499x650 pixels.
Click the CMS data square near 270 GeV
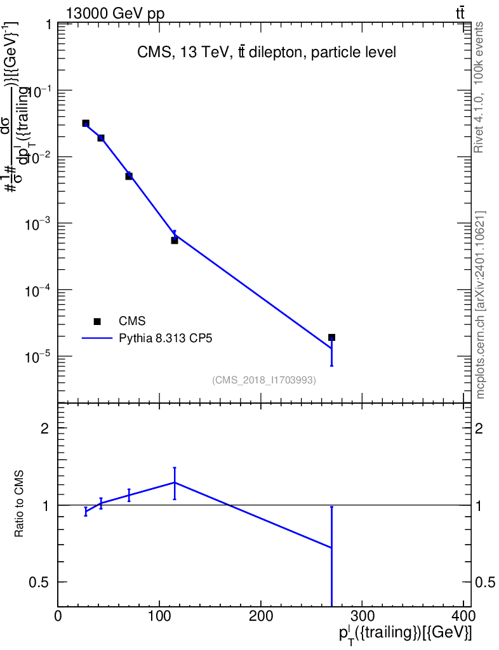click(331, 338)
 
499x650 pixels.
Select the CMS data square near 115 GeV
click(175, 241)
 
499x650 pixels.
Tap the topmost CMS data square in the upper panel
click(86, 123)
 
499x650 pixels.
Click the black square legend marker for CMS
click(97, 322)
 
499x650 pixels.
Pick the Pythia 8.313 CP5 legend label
click(166, 338)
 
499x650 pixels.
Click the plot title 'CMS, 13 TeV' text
click(267, 53)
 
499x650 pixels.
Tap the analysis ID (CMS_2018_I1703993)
click(264, 380)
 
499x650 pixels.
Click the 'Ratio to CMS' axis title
click(19, 505)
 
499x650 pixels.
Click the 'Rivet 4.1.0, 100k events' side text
click(480, 87)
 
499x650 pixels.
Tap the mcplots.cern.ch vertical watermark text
click(481, 305)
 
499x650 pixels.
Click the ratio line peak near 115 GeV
click(175, 482)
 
